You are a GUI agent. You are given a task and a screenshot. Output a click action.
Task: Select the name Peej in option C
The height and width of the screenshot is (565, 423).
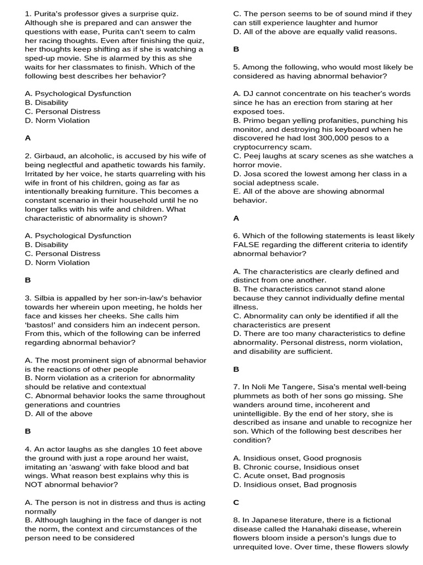coord(251,156)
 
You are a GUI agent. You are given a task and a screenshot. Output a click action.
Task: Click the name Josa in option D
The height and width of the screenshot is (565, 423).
coord(252,173)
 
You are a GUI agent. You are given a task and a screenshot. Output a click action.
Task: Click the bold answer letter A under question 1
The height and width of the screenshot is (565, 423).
coord(28,138)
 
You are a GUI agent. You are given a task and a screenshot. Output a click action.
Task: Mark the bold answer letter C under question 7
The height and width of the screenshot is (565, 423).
coord(236,502)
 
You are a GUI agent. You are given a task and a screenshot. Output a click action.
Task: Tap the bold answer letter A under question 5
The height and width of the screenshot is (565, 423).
coord(236,218)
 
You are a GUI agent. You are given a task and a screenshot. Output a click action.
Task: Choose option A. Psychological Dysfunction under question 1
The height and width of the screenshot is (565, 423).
coord(78,93)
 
